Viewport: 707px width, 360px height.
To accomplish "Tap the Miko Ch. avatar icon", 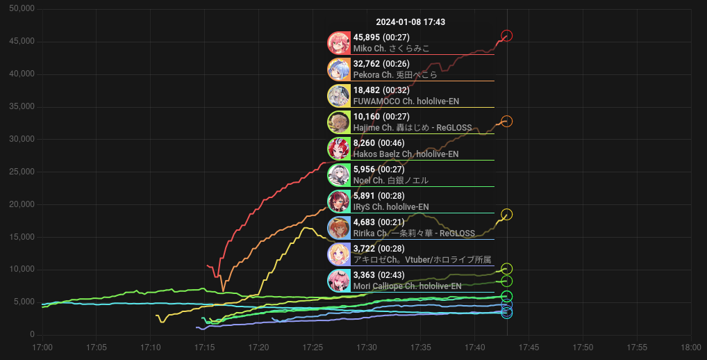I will click(338, 43).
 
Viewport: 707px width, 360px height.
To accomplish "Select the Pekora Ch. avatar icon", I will click(338, 69).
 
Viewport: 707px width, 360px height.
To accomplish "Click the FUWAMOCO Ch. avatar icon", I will click(338, 96).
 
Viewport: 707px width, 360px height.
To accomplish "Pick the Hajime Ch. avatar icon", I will click(338, 122).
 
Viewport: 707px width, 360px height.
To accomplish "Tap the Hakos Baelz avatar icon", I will click(338, 149).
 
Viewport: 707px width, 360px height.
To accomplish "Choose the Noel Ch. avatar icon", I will click(338, 175).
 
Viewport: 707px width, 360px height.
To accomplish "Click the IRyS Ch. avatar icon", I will click(338, 202).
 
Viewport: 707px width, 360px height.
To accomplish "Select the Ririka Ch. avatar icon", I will click(338, 228).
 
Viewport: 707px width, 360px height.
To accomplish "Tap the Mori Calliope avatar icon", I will click(338, 281).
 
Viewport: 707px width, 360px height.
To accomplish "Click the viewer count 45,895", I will click(367, 38).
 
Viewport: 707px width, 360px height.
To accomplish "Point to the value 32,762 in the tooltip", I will click(367, 64).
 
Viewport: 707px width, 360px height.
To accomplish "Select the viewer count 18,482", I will click(367, 90).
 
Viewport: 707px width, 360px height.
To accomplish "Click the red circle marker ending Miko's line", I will click(507, 35).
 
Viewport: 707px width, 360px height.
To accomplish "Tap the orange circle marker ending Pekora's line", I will click(507, 122).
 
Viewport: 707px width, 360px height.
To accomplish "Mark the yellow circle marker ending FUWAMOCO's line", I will click(507, 214).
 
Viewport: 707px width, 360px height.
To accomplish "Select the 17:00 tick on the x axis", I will click(42, 347).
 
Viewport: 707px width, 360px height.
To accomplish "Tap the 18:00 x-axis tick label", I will click(690, 347).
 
